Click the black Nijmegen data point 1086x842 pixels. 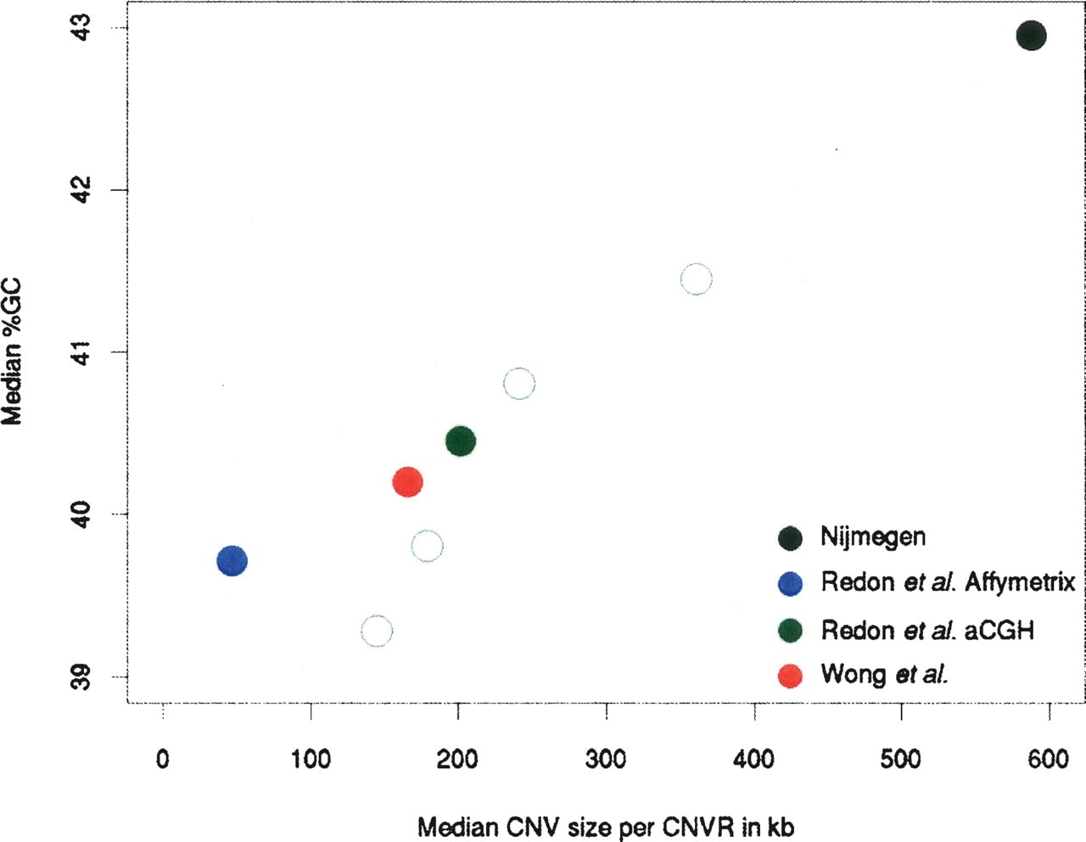point(1031,36)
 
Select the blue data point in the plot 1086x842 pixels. point(232,561)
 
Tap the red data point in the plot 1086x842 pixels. point(408,482)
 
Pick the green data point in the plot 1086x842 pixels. point(461,441)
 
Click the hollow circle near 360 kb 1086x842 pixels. point(697,264)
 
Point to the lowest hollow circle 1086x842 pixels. point(377,616)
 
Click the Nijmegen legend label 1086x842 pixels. point(873,537)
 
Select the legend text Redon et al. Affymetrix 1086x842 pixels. point(948,582)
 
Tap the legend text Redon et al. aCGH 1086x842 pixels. point(927,631)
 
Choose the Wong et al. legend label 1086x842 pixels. point(885,674)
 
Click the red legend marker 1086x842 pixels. point(790,676)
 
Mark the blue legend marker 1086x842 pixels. point(790,583)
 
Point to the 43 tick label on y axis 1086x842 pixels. point(82,27)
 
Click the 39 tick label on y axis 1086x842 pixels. point(82,677)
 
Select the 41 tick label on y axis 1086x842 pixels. point(82,352)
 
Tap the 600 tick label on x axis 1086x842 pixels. point(1049,760)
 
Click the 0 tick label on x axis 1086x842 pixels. point(163,760)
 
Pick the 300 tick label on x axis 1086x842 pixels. point(606,760)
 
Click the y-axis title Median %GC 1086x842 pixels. point(12,352)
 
